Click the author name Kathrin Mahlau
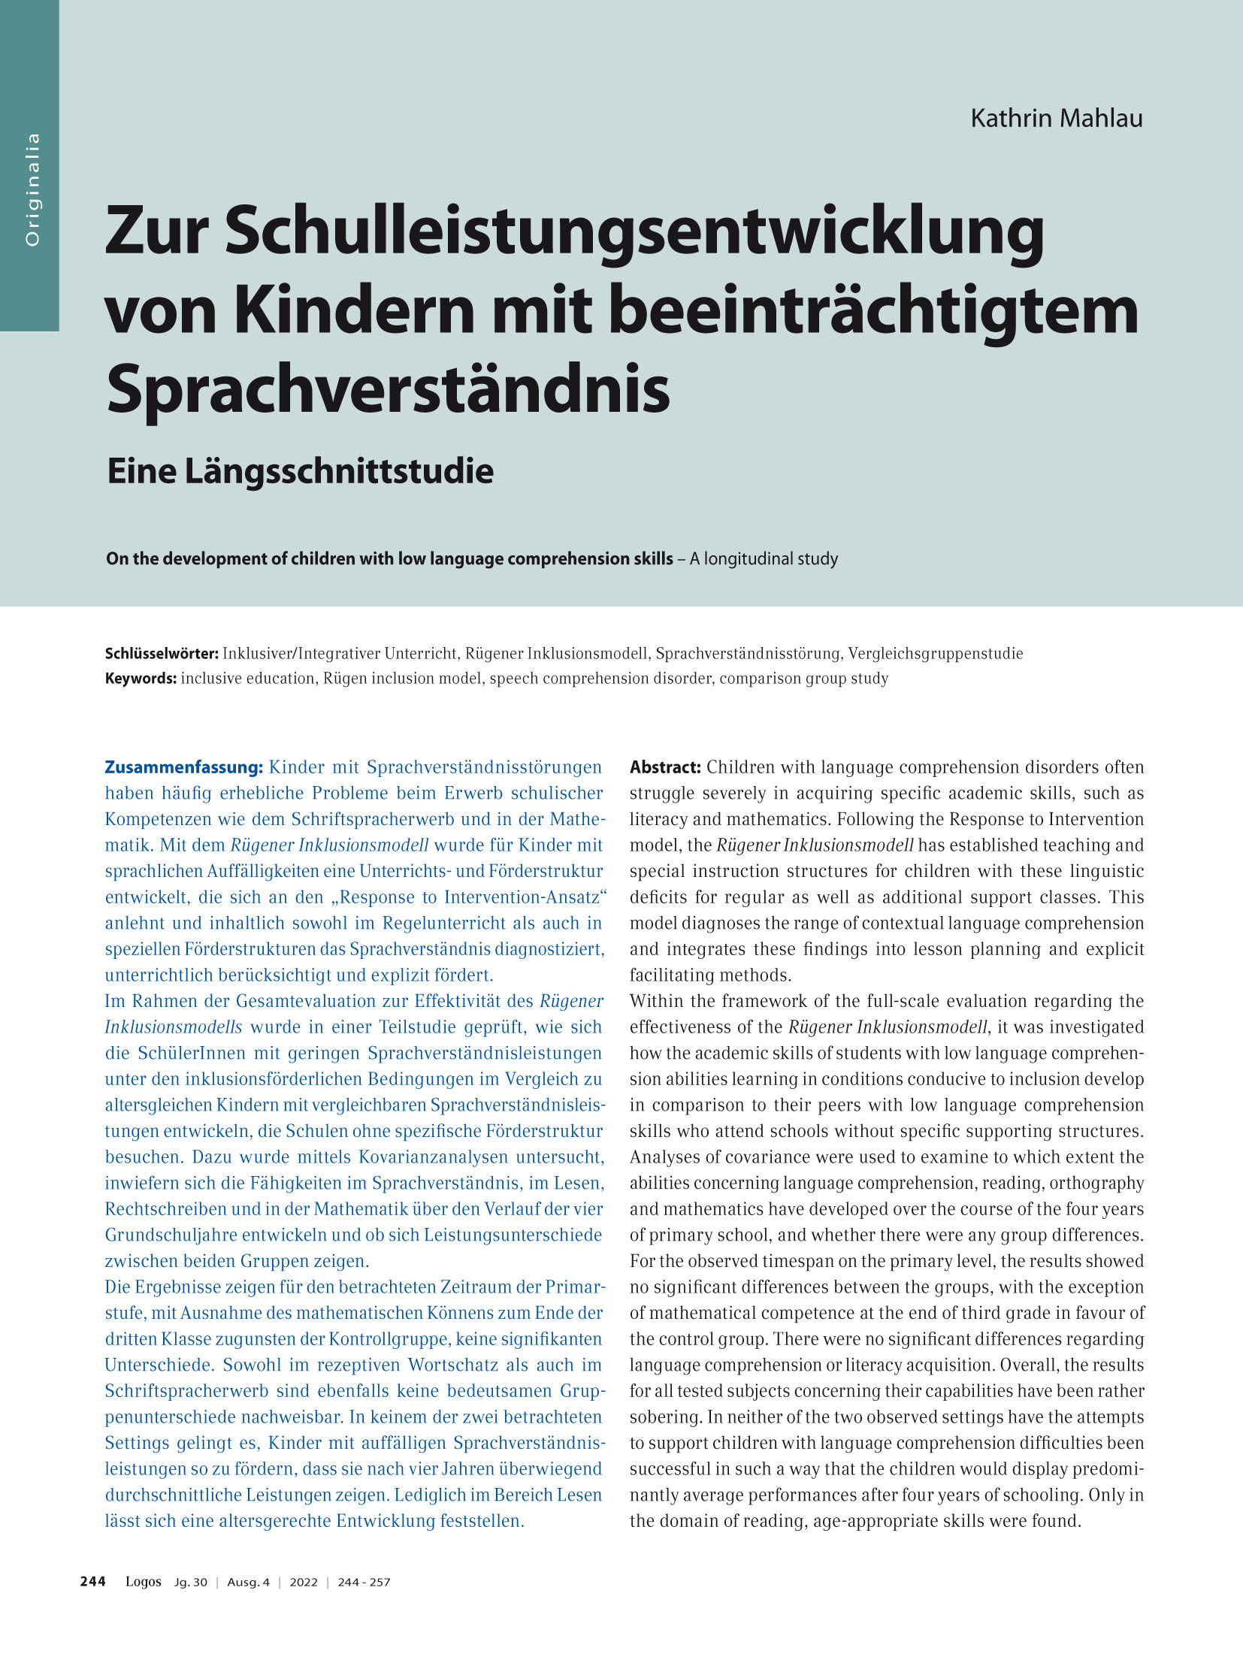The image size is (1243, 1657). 1056,119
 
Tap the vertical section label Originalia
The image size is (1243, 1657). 32,189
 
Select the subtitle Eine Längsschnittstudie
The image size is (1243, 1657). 300,472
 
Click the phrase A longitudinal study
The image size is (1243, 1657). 764,559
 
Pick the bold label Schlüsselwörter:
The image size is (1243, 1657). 162,654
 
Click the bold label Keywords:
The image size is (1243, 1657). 141,679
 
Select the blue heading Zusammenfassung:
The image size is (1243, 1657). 183,767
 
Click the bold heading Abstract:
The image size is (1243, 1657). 665,767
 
